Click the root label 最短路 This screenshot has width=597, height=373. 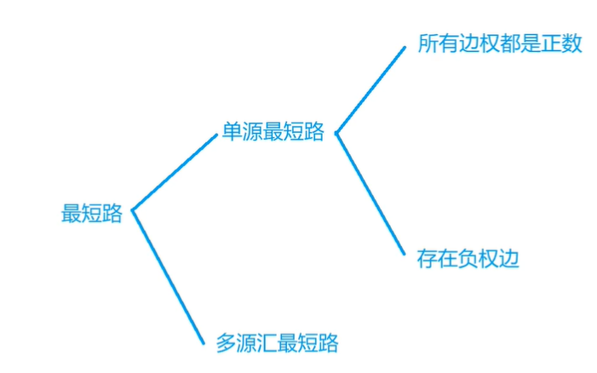pyautogui.click(x=92, y=214)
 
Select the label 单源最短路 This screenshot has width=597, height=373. pyautogui.click(x=273, y=132)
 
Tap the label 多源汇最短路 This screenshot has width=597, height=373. pyautogui.click(x=277, y=343)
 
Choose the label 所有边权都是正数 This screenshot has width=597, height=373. pyautogui.click(x=500, y=44)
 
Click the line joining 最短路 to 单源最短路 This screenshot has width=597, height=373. pyautogui.click(x=175, y=173)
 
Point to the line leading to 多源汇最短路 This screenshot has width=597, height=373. pyautogui.click(x=168, y=277)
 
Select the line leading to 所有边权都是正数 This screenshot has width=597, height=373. pyautogui.click(x=372, y=89)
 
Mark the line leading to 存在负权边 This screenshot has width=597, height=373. pyautogui.click(x=371, y=193)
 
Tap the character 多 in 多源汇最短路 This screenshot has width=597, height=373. pyautogui.click(x=226, y=343)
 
